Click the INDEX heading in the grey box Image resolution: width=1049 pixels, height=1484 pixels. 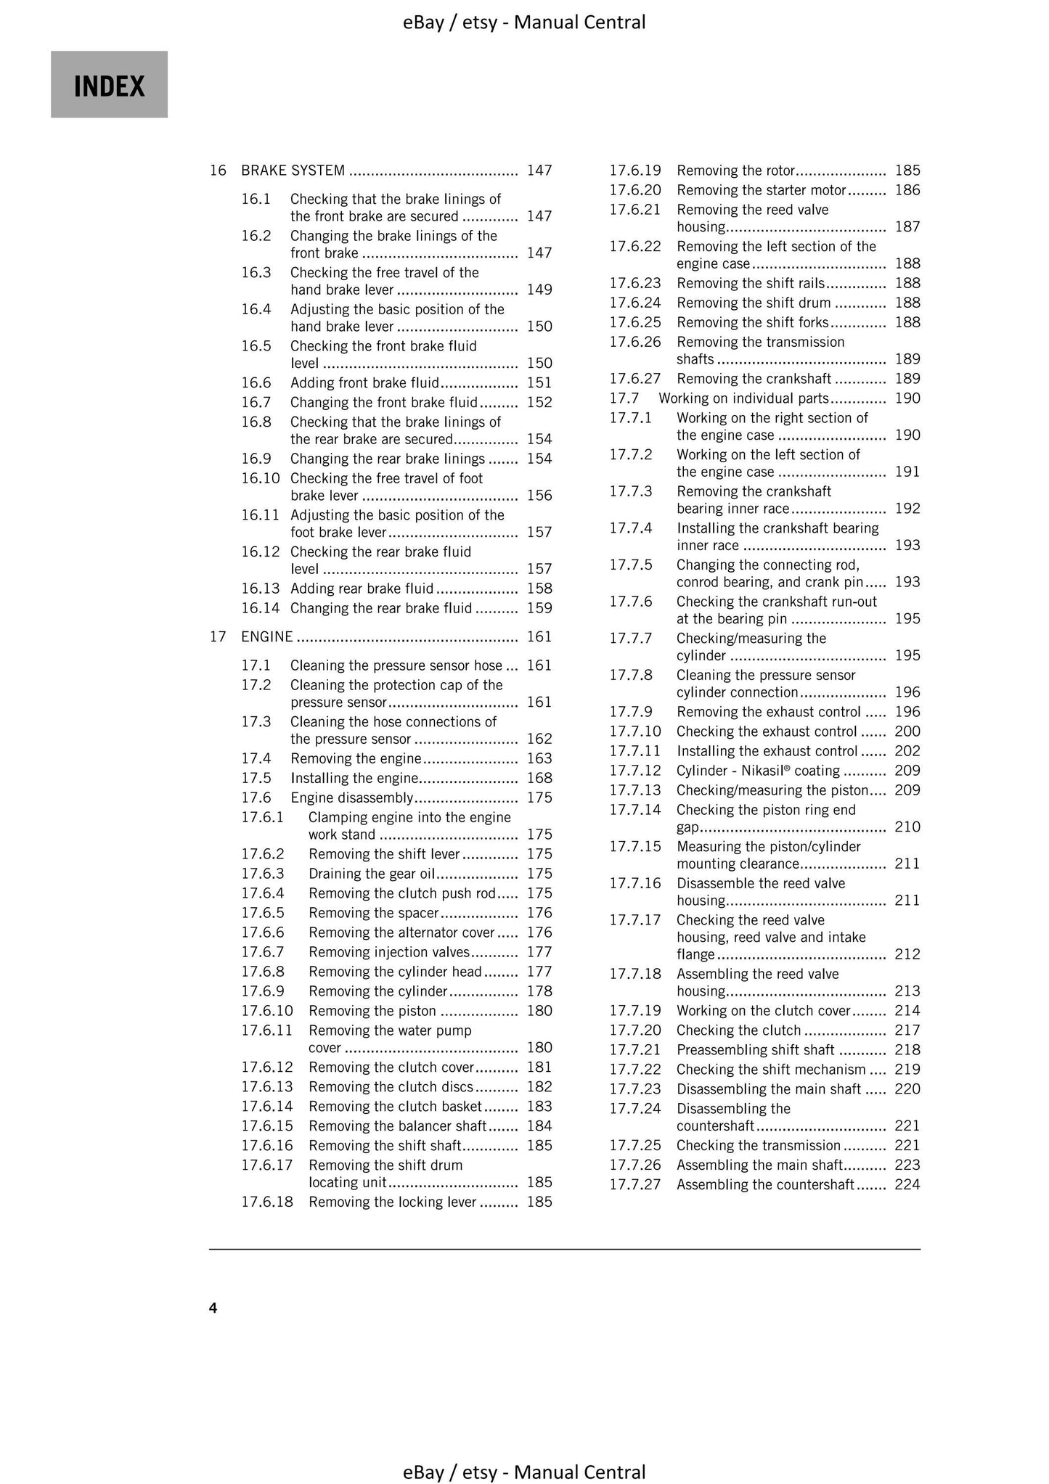109,86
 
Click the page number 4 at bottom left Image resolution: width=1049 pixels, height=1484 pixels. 213,1308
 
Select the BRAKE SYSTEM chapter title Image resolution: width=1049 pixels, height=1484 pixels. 293,171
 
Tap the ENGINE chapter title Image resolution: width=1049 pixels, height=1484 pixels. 267,636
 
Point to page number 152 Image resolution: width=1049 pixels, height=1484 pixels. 539,402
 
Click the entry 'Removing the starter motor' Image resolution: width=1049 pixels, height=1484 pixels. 762,190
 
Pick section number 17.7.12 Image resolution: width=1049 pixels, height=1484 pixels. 635,770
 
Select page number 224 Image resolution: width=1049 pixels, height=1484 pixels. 907,1184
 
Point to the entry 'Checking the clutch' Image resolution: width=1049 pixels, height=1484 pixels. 738,1030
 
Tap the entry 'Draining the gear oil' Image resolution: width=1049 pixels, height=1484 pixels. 372,873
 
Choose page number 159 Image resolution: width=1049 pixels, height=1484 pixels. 539,608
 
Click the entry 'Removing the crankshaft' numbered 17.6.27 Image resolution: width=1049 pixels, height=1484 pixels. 754,378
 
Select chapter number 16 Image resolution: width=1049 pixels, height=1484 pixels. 218,171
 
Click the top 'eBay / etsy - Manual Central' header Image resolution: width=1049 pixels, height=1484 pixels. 524,22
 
